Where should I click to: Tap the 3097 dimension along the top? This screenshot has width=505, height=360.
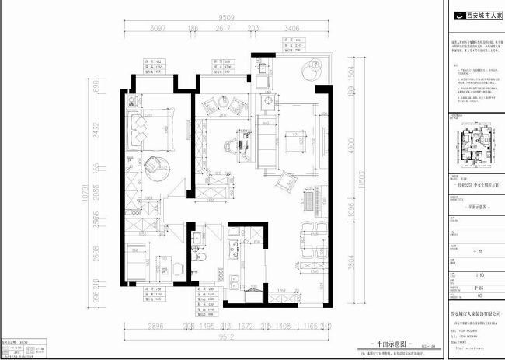(158, 29)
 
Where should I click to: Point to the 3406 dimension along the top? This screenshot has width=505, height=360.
(293, 29)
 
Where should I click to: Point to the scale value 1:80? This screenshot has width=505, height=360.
(475, 274)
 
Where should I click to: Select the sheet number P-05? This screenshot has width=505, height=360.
(475, 285)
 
